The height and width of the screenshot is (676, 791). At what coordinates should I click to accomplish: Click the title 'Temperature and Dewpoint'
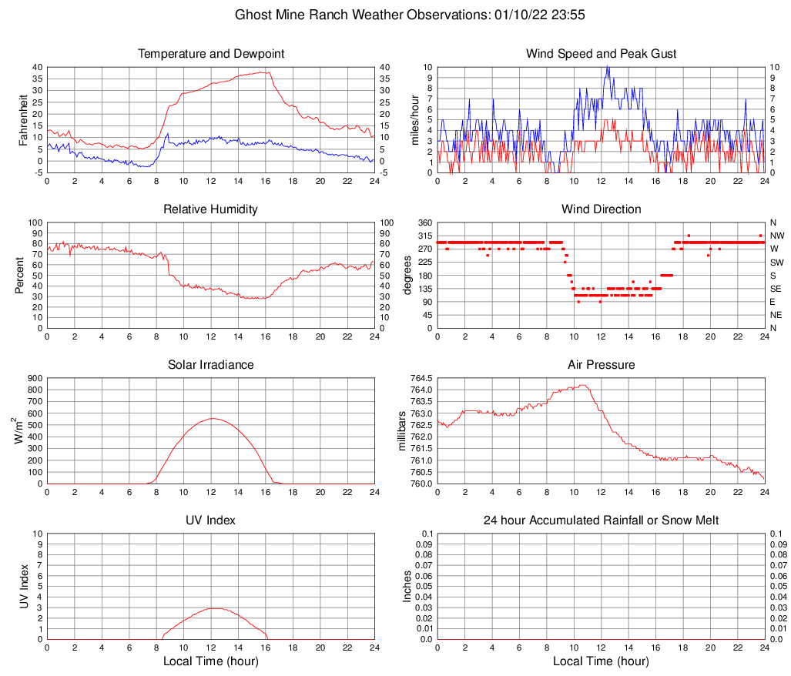tap(210, 54)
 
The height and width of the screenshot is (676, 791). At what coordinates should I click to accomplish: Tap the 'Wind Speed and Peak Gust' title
tap(601, 54)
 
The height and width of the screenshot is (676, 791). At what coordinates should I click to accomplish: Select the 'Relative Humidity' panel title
tap(210, 209)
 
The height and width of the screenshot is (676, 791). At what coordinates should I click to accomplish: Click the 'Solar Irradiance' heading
tap(210, 364)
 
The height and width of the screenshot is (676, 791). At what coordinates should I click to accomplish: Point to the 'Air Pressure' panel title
tap(601, 364)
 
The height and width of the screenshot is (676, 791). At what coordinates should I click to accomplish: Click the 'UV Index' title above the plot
tap(210, 520)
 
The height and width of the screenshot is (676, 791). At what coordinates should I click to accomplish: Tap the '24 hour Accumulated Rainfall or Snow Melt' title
tap(601, 520)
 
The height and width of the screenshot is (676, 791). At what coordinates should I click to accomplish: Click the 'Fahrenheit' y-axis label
tap(22, 120)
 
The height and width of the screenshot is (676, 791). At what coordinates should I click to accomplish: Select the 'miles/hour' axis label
tap(415, 120)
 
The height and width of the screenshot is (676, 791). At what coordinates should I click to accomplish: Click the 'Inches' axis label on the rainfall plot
tap(407, 586)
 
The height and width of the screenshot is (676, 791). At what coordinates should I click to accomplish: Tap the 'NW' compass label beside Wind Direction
tap(776, 236)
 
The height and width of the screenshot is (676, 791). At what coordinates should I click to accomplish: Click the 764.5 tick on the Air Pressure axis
tap(421, 379)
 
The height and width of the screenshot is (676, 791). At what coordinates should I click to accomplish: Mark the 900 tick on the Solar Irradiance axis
tap(33, 379)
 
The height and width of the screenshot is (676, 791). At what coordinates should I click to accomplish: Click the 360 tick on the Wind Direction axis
tap(423, 223)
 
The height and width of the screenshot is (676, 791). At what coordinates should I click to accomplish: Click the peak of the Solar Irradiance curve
tap(211, 418)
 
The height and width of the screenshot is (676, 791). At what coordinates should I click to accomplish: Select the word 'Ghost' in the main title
tap(253, 15)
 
